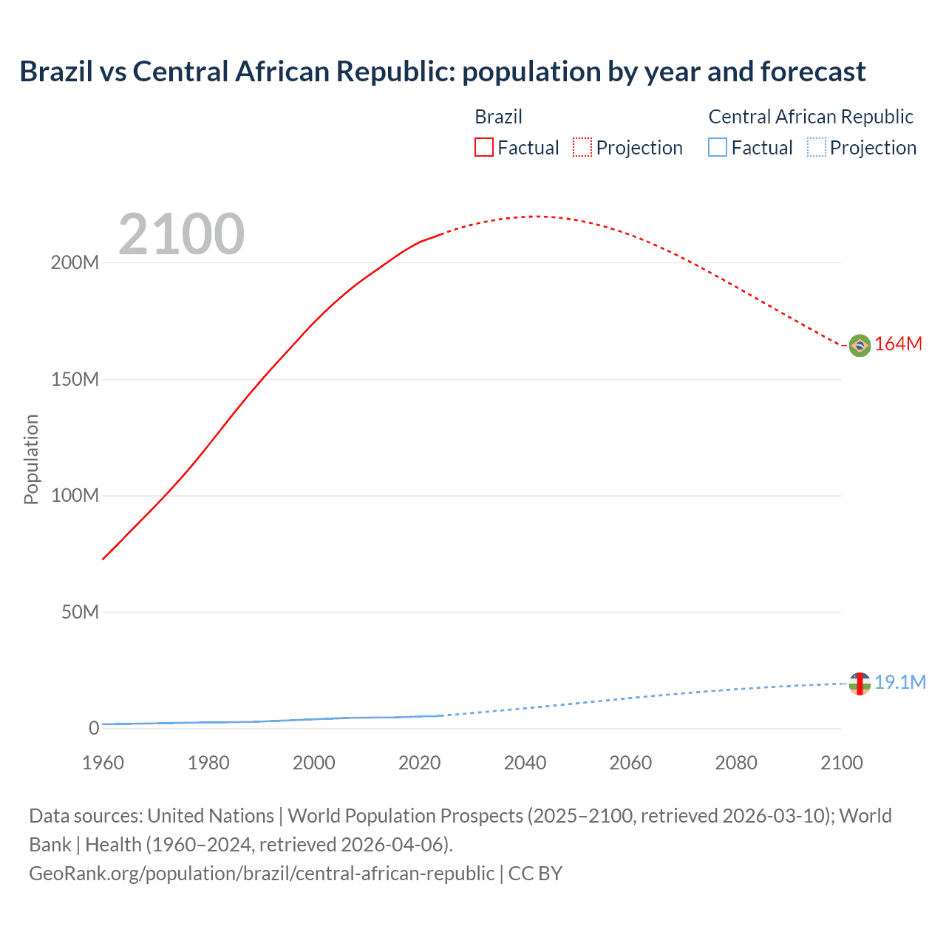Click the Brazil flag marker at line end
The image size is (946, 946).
click(860, 345)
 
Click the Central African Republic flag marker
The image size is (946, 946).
click(860, 684)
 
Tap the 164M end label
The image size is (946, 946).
click(899, 344)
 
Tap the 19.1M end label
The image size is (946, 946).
click(900, 682)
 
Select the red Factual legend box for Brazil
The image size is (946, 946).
click(483, 148)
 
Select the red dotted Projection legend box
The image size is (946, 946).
click(582, 148)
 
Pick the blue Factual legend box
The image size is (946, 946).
click(717, 148)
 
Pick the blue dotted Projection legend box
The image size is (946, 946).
click(816, 148)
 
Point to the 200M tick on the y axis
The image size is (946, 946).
click(75, 263)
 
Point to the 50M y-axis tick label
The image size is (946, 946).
click(80, 612)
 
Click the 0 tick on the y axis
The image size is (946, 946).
click(94, 729)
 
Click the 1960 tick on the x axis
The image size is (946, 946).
click(103, 763)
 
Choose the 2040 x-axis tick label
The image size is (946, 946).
click(525, 763)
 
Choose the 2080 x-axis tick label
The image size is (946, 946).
click(736, 763)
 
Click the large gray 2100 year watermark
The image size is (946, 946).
click(181, 234)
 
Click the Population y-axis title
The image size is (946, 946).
click(31, 459)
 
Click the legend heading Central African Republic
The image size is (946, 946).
click(811, 117)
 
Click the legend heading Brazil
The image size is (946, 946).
click(498, 117)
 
